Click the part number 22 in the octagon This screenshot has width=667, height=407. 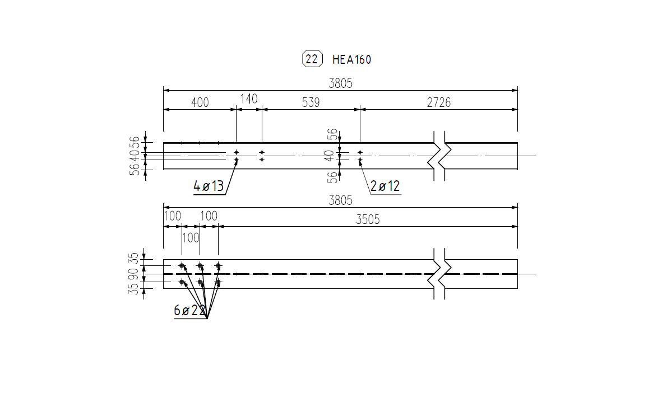tap(312, 59)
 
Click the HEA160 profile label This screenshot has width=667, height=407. tap(352, 59)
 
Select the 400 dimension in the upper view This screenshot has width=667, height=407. tap(200, 102)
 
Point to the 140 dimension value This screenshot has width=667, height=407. tap(249, 99)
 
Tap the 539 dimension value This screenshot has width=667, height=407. tap(311, 102)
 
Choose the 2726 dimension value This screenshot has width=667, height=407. tap(438, 102)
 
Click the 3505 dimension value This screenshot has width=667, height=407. tap(368, 219)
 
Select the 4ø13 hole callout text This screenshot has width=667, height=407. tap(209, 186)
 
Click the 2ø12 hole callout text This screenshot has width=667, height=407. tap(385, 186)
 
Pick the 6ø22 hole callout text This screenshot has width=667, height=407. tap(189, 311)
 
